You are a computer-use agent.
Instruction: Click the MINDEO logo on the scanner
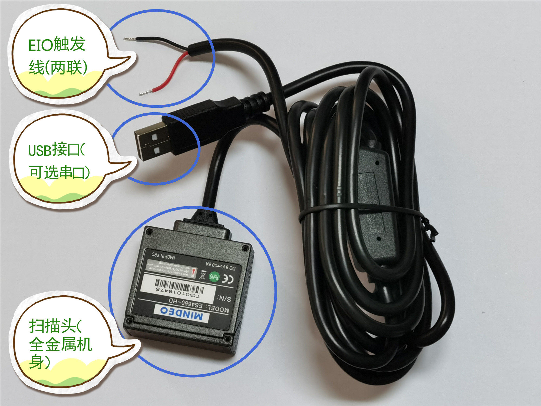tap(181, 313)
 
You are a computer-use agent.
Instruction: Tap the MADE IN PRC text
tap(163, 256)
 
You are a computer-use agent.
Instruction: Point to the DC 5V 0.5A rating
tap(220, 266)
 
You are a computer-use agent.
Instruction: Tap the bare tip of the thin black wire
tap(129, 39)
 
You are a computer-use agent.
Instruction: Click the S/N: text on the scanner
tap(224, 298)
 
